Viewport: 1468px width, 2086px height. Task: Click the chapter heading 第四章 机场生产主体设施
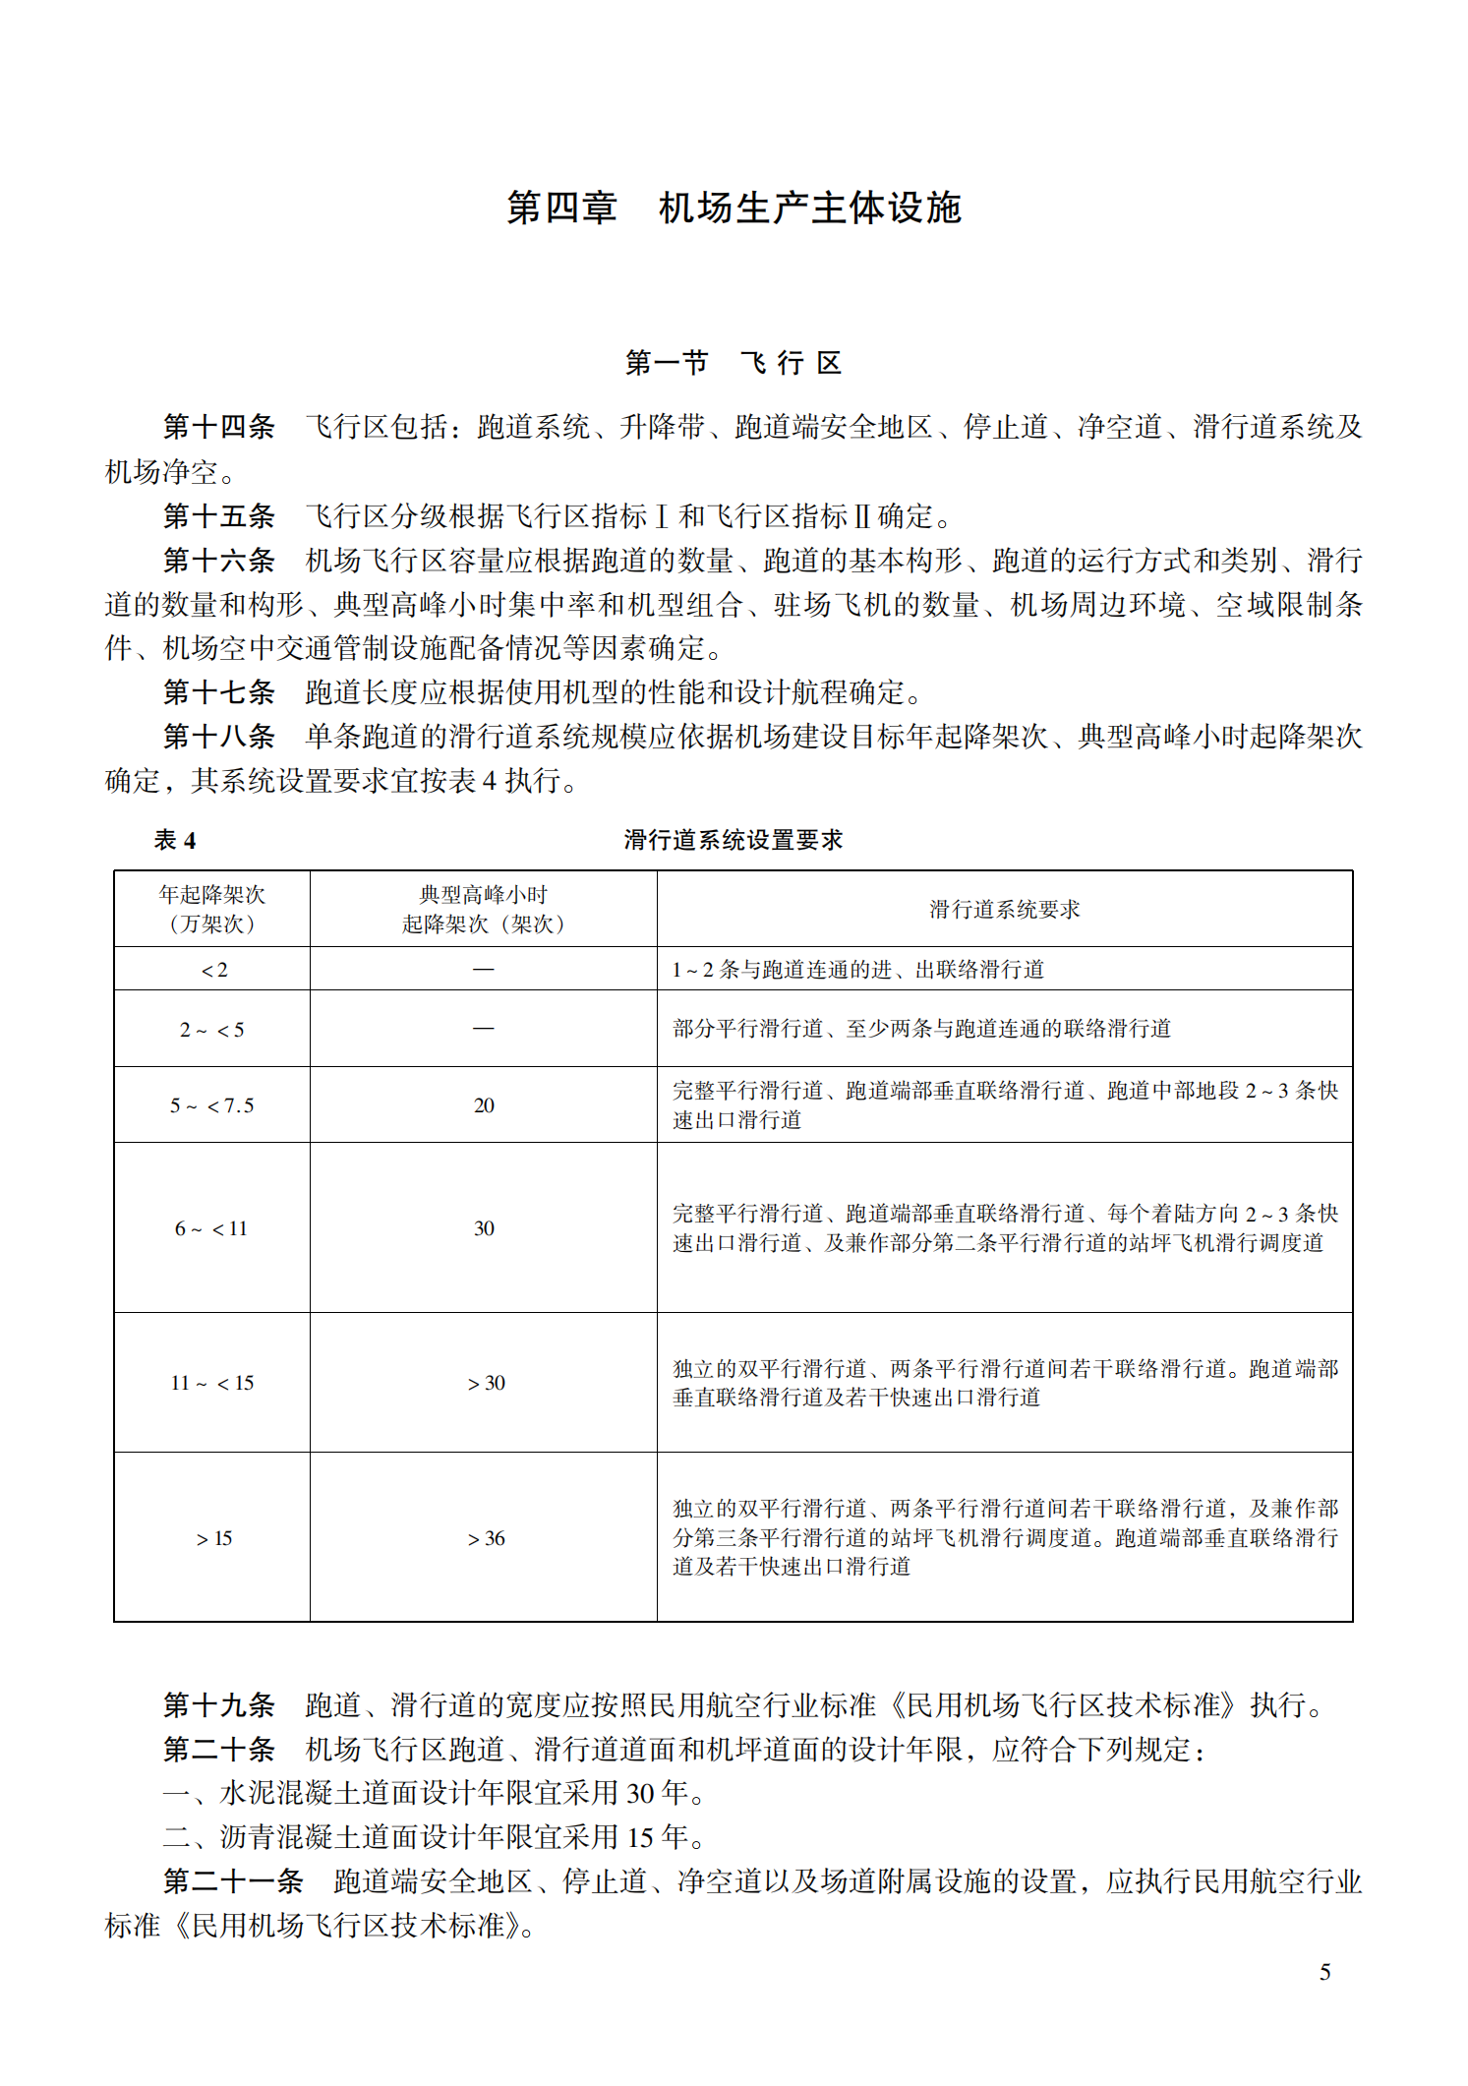(734, 209)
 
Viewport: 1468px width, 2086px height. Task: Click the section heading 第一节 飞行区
(734, 364)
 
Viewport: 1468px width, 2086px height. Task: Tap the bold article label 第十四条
(218, 427)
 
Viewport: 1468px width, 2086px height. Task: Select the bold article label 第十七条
(218, 692)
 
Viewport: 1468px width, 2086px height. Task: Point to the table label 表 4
(175, 840)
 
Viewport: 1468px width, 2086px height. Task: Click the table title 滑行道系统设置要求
(734, 840)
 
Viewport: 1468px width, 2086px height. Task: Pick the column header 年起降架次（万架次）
(212, 909)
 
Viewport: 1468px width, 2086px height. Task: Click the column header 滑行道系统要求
(1004, 910)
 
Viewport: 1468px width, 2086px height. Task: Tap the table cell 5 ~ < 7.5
(212, 1105)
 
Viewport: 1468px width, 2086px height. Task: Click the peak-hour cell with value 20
(484, 1105)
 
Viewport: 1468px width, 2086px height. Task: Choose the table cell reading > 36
(486, 1538)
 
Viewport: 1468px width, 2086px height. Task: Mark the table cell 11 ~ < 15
(212, 1383)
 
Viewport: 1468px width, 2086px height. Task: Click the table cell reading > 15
(213, 1538)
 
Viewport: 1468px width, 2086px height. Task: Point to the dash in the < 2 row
(484, 970)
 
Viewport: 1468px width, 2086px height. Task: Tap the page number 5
(1324, 1972)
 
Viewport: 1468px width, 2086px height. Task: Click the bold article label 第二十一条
(233, 1881)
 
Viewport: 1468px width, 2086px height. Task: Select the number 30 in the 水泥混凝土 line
(640, 1793)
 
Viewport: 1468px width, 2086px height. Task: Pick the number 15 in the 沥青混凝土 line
(640, 1837)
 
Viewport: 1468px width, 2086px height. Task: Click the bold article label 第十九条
(218, 1704)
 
